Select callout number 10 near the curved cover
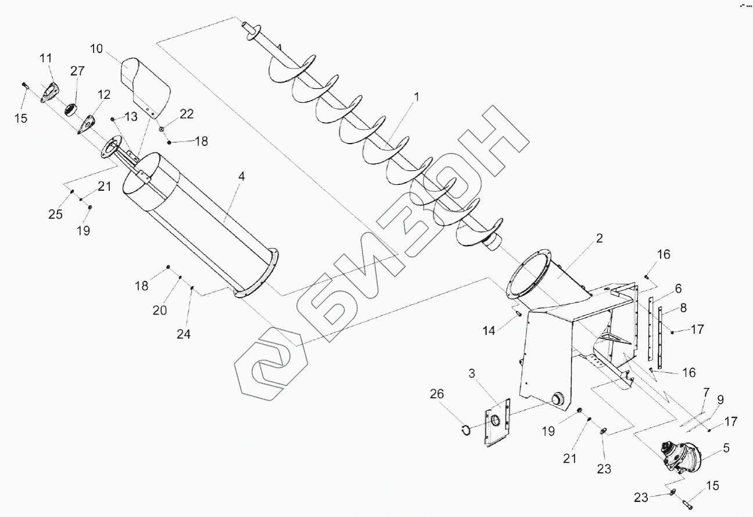coord(96,48)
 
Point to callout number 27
coord(77,72)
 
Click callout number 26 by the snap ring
coord(437,394)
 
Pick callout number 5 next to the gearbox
coord(726,448)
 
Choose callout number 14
coord(489,330)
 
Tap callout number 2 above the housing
coord(599,238)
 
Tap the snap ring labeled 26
coord(464,430)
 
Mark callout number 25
coord(55,214)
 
